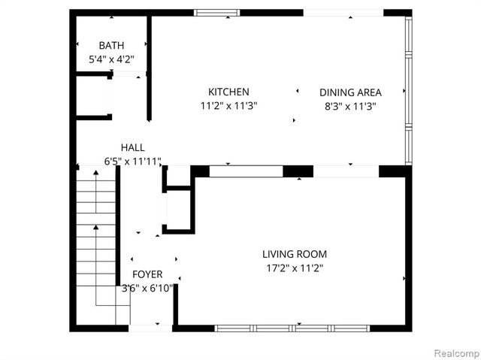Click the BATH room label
(x=111, y=45)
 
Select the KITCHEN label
(x=228, y=92)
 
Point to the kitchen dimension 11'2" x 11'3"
(x=228, y=106)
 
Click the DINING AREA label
(x=350, y=92)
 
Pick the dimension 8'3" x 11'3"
(x=350, y=106)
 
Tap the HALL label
(x=132, y=147)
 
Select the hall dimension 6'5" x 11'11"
(x=132, y=161)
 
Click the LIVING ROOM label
(x=294, y=254)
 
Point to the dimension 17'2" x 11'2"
(x=294, y=268)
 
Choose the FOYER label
(x=147, y=274)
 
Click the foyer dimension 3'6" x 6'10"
(x=147, y=288)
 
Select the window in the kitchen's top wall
(x=217, y=13)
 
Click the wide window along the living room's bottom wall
(x=293, y=328)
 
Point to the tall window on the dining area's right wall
(x=408, y=89)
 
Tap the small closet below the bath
(x=94, y=95)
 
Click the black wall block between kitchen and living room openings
(x=298, y=171)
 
